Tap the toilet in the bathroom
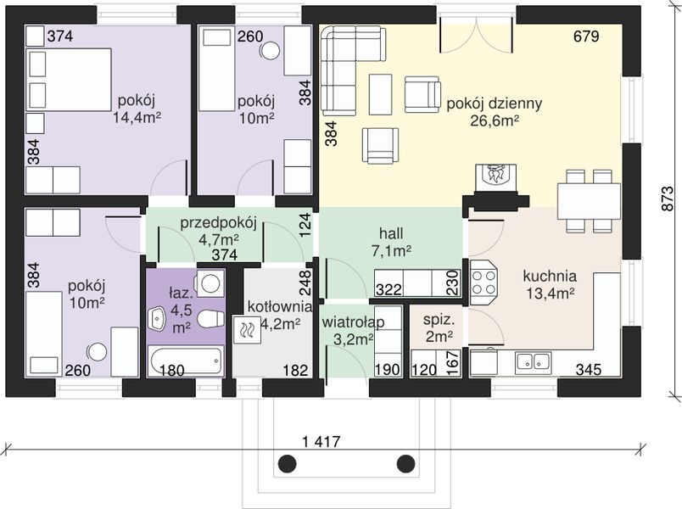[210, 318]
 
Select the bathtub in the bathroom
[185, 361]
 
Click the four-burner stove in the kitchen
[484, 282]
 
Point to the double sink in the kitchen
[534, 362]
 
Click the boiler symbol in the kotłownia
[246, 329]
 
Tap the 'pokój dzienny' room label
[495, 103]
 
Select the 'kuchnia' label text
[550, 276]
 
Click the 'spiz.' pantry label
[439, 320]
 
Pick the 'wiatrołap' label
[353, 322]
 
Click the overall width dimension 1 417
[321, 442]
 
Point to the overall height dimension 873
[667, 199]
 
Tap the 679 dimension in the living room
[586, 36]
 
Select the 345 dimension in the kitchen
[589, 370]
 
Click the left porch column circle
[287, 463]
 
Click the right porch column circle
[405, 463]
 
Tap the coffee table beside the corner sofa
[381, 94]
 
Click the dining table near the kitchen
[589, 201]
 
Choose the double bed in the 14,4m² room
[69, 79]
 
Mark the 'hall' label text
[391, 233]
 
